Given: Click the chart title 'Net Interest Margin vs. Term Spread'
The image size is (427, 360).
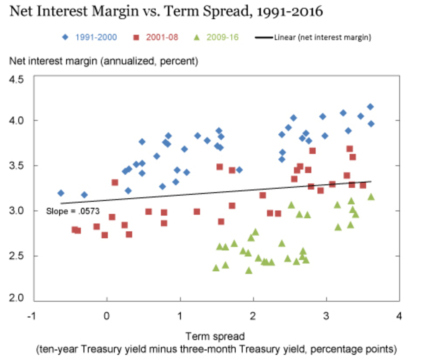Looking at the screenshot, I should click(166, 11).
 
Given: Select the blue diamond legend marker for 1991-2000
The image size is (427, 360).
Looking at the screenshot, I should click(65, 37).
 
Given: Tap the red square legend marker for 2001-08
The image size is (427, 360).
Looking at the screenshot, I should click(136, 37).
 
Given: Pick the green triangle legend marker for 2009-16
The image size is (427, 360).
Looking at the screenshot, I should click(197, 37).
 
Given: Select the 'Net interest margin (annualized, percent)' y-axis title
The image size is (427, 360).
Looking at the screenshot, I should click(103, 61).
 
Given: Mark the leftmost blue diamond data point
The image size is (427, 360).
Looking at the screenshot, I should click(61, 193).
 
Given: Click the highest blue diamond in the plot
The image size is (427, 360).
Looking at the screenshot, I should click(370, 107).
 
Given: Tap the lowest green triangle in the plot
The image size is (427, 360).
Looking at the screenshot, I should click(249, 270).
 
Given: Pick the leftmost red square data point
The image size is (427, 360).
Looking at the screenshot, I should click(74, 229).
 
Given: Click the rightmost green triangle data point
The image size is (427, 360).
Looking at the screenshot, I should click(371, 197).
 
